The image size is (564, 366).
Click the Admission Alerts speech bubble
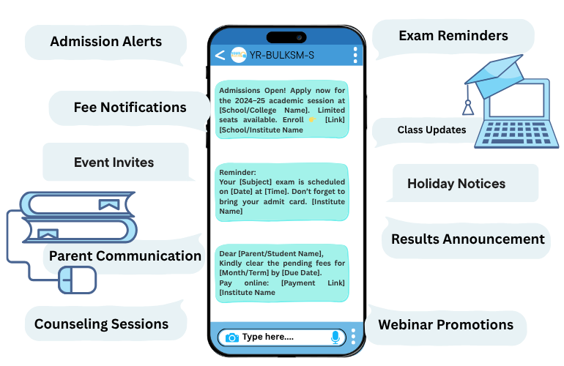click(105, 42)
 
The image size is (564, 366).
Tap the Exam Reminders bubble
click(453, 36)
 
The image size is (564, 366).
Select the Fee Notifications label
click(130, 108)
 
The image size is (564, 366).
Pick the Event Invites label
click(114, 162)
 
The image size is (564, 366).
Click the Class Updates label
click(431, 130)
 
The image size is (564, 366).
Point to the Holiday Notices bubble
click(456, 184)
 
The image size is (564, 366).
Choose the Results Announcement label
click(467, 239)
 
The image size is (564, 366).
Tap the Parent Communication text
click(125, 256)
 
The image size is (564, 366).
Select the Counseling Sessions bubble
click(101, 324)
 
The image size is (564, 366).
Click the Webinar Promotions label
click(445, 324)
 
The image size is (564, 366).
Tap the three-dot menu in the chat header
click(355, 55)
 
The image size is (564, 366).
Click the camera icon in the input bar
click(231, 337)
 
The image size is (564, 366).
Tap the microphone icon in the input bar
click(335, 337)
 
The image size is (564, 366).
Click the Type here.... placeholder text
click(268, 337)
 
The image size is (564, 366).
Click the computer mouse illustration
click(77, 279)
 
